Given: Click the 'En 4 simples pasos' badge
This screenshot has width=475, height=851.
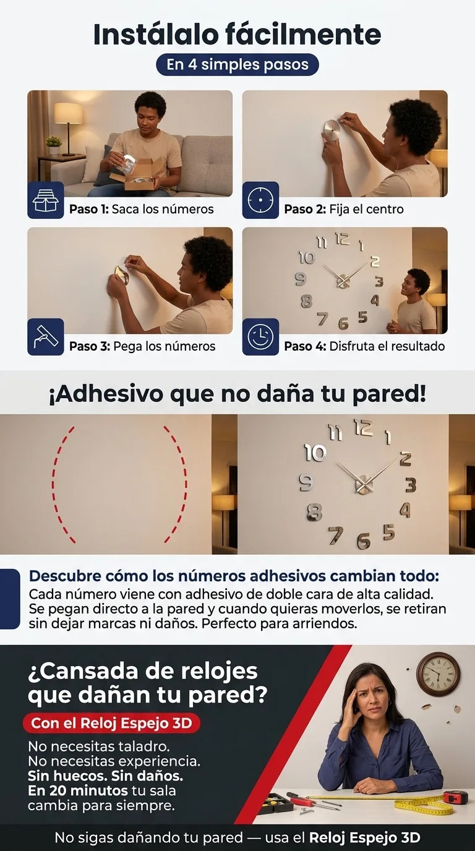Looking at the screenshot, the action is point(237,64).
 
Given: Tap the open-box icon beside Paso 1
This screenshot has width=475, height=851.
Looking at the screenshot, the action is point(46,200).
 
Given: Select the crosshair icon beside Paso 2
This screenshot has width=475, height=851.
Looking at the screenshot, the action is point(260,200).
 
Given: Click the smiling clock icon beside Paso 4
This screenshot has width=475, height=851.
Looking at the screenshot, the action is point(260,337).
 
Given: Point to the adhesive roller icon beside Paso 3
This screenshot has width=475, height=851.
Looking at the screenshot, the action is point(46,337).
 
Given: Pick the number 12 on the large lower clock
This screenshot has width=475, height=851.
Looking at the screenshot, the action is point(363,427).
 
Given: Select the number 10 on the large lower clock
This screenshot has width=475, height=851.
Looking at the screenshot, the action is point(315,453).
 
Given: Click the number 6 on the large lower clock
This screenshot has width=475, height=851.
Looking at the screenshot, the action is point(364,541).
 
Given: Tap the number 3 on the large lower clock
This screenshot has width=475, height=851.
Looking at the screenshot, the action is point(411,485).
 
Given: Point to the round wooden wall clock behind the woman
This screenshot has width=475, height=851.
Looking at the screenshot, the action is point(438,674).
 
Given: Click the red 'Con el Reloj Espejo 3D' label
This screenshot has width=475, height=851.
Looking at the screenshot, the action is point(111,723).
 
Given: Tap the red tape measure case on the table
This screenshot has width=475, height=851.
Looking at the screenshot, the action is point(456,798).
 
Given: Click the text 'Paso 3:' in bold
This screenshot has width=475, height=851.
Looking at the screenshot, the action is point(90,346).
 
